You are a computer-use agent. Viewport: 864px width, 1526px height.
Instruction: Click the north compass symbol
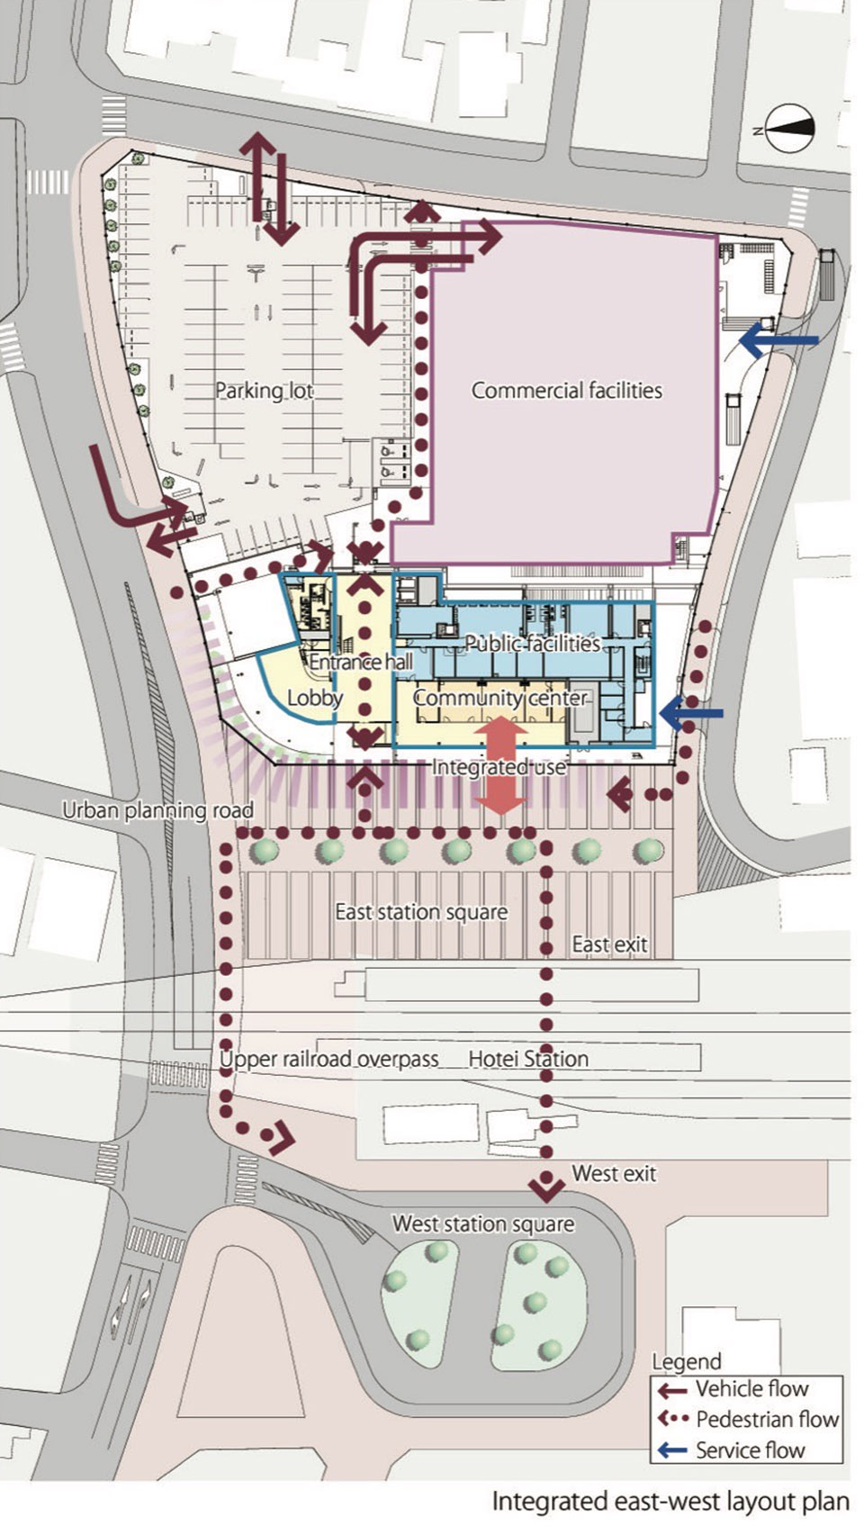point(790,129)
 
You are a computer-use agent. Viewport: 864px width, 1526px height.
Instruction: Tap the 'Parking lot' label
point(265,391)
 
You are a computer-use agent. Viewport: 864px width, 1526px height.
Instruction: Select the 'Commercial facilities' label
point(566,391)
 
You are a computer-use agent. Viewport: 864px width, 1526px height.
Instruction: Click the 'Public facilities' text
point(533,643)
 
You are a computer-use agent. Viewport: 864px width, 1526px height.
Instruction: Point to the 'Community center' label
point(500,699)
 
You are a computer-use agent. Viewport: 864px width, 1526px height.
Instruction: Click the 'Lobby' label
point(315,698)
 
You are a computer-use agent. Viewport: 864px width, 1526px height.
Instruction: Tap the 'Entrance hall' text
point(361,662)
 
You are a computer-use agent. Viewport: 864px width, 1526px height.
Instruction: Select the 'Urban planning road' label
point(158,810)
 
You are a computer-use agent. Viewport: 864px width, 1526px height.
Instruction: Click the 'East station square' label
point(421,912)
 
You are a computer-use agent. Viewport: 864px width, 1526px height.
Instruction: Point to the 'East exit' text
point(609,945)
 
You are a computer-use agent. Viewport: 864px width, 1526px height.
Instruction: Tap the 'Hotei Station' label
point(528,1060)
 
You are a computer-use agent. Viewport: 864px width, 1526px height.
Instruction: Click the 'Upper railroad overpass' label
point(328,1060)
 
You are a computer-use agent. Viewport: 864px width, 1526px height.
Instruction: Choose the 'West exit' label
point(614,1174)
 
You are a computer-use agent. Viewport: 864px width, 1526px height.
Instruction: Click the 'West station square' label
point(483,1224)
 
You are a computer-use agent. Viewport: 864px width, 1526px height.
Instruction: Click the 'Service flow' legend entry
point(731,1449)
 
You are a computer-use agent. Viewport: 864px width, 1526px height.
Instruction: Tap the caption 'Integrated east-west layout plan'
point(670,1502)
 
